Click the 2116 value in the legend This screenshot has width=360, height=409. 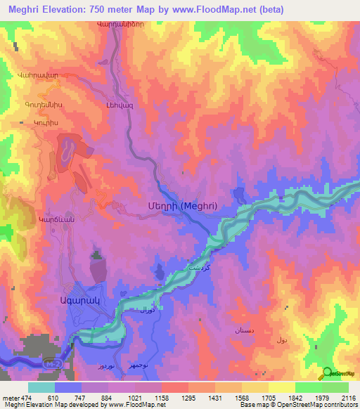click(x=346, y=397)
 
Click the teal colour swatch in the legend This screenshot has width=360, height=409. click(x=41, y=387)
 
